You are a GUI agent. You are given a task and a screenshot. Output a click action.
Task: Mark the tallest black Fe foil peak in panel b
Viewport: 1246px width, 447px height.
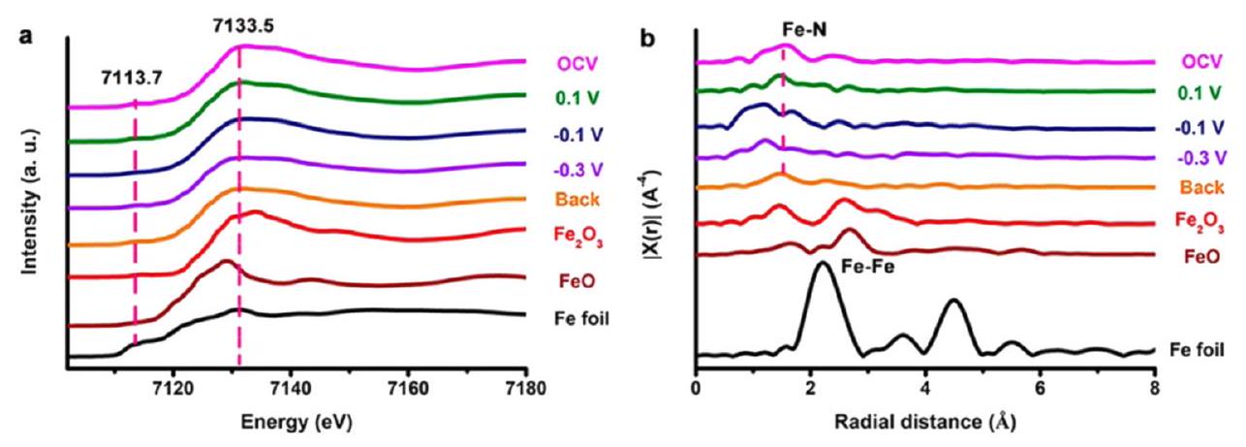click(823, 265)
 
